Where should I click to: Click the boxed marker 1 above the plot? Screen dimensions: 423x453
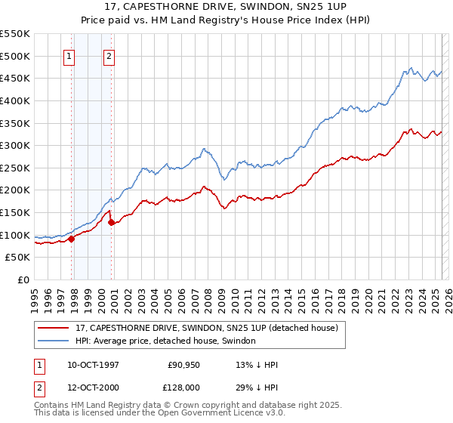(69, 55)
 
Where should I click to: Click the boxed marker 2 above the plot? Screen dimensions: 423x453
(109, 55)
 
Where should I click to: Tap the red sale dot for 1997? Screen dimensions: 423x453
(72, 239)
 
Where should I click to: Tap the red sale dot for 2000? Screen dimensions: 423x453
(112, 222)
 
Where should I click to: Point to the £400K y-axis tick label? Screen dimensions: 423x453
(15, 100)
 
